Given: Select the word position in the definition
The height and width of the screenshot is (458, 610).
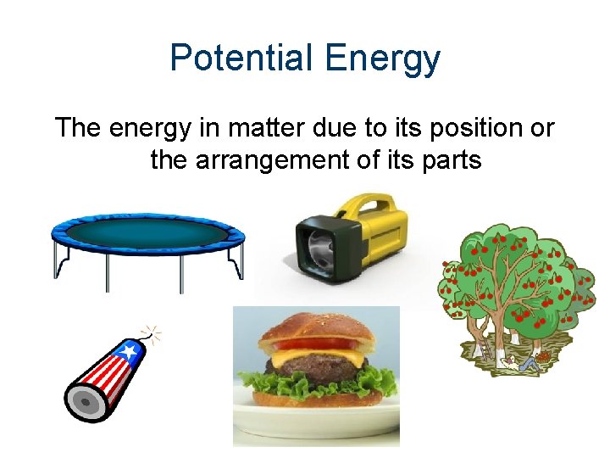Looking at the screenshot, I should [x=463, y=129].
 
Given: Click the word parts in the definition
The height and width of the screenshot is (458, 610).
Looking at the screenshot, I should [x=452, y=159].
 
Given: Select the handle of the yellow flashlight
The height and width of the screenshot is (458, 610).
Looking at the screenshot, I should [x=373, y=208].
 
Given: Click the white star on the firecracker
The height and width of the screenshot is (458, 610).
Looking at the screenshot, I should [x=128, y=350].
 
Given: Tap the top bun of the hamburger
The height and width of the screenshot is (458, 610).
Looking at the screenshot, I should [x=316, y=327].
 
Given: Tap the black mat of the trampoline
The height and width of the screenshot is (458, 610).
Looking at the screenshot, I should [x=147, y=230].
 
